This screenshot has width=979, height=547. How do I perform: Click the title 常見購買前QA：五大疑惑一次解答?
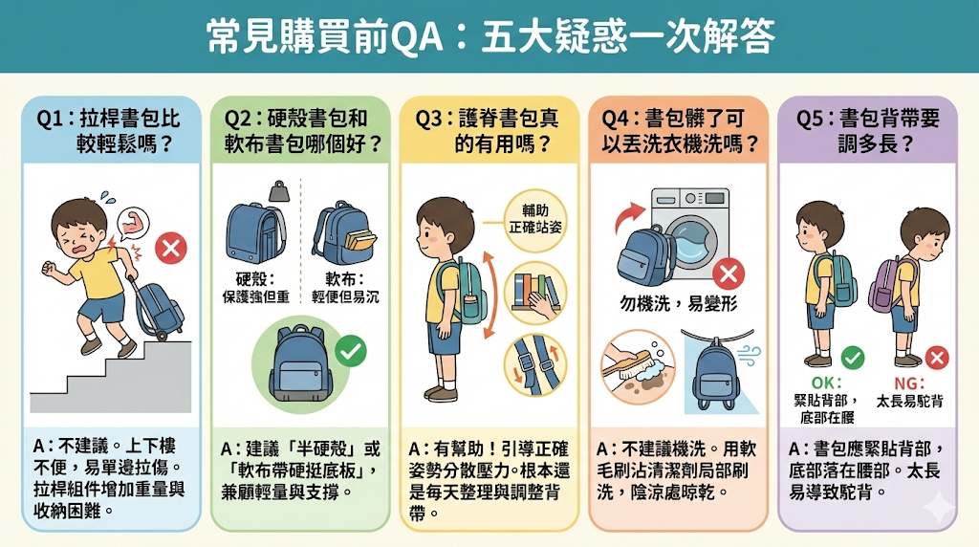click(x=489, y=37)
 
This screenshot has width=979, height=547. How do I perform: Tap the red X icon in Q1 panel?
click(x=172, y=250)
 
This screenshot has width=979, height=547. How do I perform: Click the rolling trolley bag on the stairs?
click(x=157, y=304)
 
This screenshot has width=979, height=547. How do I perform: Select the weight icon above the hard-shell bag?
click(x=279, y=191)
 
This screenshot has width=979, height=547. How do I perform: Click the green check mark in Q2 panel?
click(x=352, y=352)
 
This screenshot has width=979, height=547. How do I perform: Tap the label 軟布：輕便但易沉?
click(x=345, y=288)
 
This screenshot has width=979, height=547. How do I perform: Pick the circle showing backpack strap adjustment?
click(x=535, y=368)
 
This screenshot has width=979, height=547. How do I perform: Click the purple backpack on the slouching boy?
click(x=885, y=288)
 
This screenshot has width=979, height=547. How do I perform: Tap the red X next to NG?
click(x=937, y=359)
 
